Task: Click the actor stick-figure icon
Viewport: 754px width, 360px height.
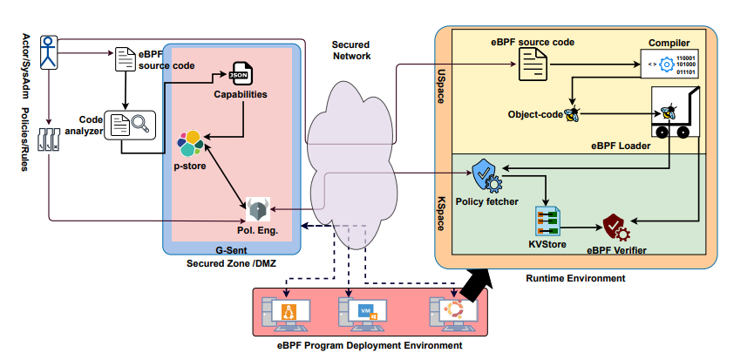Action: (51, 51)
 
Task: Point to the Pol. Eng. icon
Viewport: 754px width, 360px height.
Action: (258, 210)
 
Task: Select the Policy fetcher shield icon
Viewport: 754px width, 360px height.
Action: (486, 176)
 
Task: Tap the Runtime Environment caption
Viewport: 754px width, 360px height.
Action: (575, 279)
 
